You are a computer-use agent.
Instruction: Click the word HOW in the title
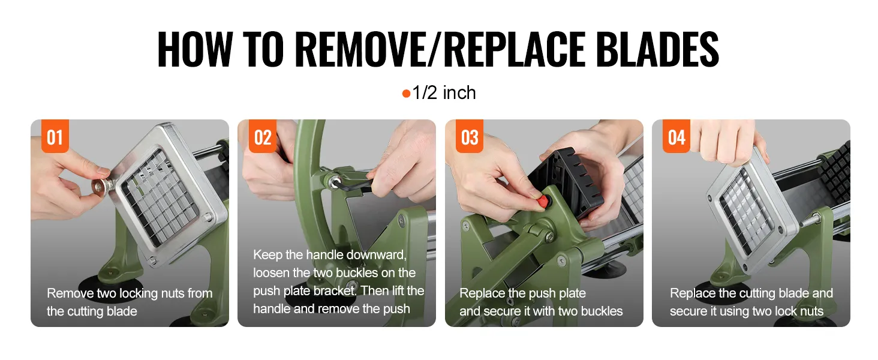(x=195, y=49)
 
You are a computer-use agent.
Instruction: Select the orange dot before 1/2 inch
(x=406, y=94)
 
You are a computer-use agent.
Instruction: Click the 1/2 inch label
(x=444, y=93)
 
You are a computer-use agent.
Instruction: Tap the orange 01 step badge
(x=55, y=136)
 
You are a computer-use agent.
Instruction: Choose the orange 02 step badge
(x=263, y=136)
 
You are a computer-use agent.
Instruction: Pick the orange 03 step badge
(x=470, y=136)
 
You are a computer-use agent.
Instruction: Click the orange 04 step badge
(x=676, y=136)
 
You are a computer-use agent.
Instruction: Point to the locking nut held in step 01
(x=101, y=187)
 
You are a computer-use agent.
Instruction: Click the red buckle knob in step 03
(x=543, y=202)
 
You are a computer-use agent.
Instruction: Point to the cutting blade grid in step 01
(x=161, y=198)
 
